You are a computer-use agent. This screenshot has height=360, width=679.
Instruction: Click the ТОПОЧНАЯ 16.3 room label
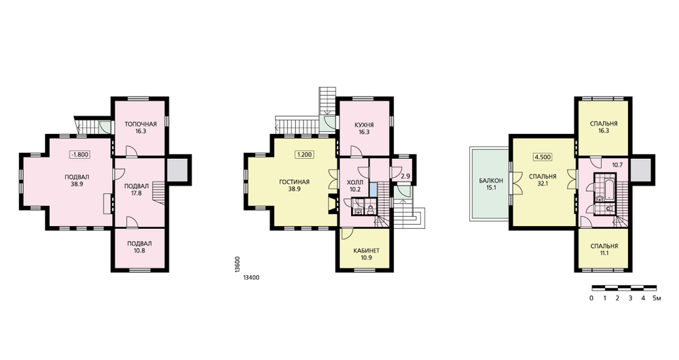[x=141, y=128]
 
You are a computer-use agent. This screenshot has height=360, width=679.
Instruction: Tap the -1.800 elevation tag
[x=79, y=154]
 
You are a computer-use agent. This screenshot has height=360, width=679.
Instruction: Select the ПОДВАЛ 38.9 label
[x=77, y=180]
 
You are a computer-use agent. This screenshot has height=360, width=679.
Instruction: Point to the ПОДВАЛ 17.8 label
[x=136, y=190]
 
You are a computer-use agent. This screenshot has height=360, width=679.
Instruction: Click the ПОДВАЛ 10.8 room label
[x=139, y=247]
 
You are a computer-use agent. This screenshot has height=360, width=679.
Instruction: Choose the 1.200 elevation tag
[x=304, y=155]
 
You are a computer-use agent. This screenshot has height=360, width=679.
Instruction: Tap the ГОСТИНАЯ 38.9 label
[x=295, y=185]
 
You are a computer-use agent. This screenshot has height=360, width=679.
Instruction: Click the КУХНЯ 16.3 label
[x=364, y=128]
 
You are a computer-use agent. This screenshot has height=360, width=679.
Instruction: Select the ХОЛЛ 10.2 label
[x=355, y=185]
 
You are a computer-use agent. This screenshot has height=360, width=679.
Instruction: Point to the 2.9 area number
[x=405, y=177]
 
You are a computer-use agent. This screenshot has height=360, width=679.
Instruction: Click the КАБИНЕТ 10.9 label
[x=367, y=254]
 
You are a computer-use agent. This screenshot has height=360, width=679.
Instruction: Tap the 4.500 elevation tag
[x=543, y=158]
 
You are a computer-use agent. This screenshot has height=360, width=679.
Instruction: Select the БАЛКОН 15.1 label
[x=491, y=184]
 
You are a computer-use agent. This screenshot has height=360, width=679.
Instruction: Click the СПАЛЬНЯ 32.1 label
[x=543, y=180]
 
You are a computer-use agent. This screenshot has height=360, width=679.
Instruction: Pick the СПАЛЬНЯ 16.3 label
[x=604, y=126]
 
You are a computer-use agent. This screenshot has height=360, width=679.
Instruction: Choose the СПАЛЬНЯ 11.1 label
[x=604, y=249]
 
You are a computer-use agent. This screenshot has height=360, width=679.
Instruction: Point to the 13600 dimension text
[x=237, y=264]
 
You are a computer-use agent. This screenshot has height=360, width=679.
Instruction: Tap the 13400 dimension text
[x=251, y=278]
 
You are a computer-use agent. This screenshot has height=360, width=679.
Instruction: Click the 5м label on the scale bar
[x=657, y=298]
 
